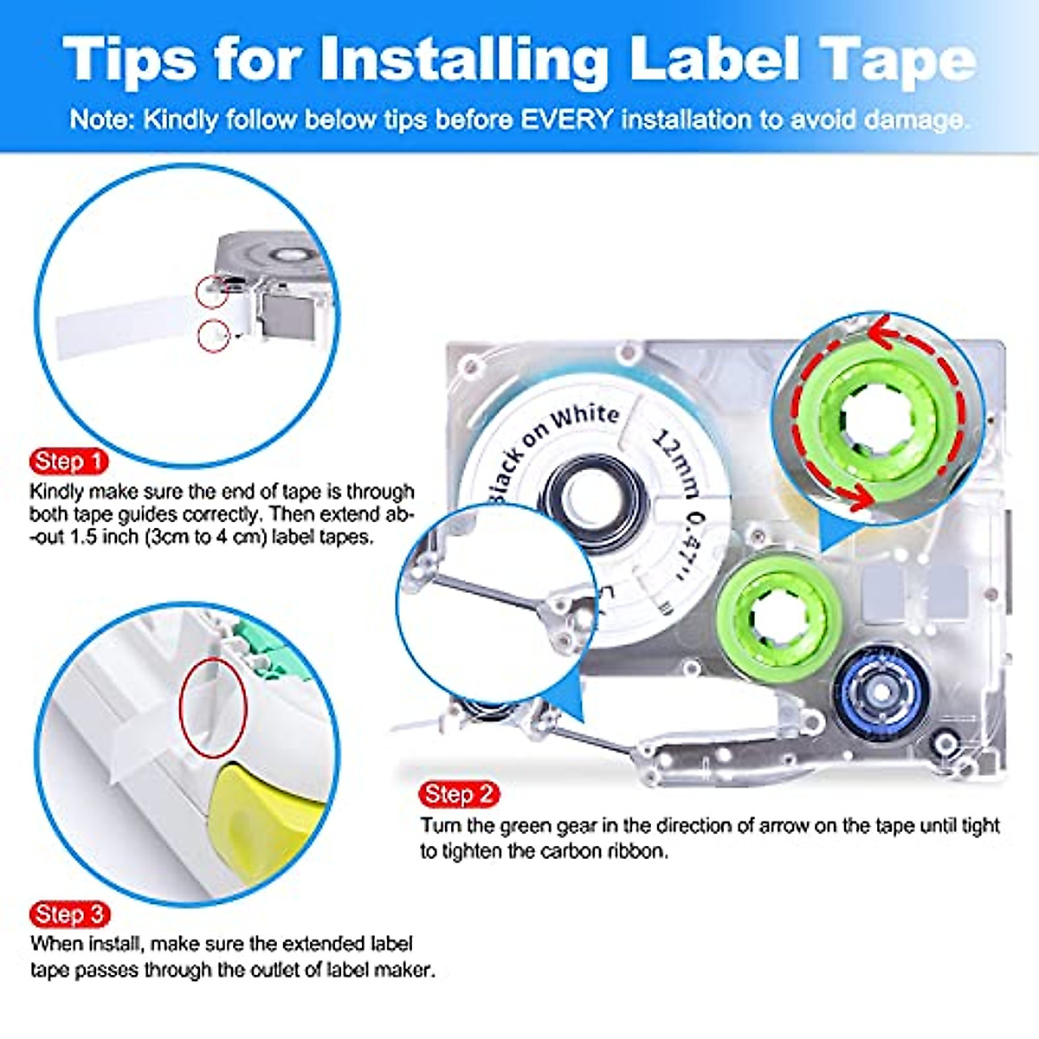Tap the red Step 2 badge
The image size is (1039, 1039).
coord(459,793)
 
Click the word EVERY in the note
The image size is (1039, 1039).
coord(566,119)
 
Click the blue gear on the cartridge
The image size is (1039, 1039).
coord(881,693)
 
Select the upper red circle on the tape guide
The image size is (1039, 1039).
coord(211,292)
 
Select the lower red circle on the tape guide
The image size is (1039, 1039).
coord(213,334)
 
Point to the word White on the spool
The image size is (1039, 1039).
coord(585,417)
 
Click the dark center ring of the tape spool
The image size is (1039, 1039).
coord(595,502)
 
